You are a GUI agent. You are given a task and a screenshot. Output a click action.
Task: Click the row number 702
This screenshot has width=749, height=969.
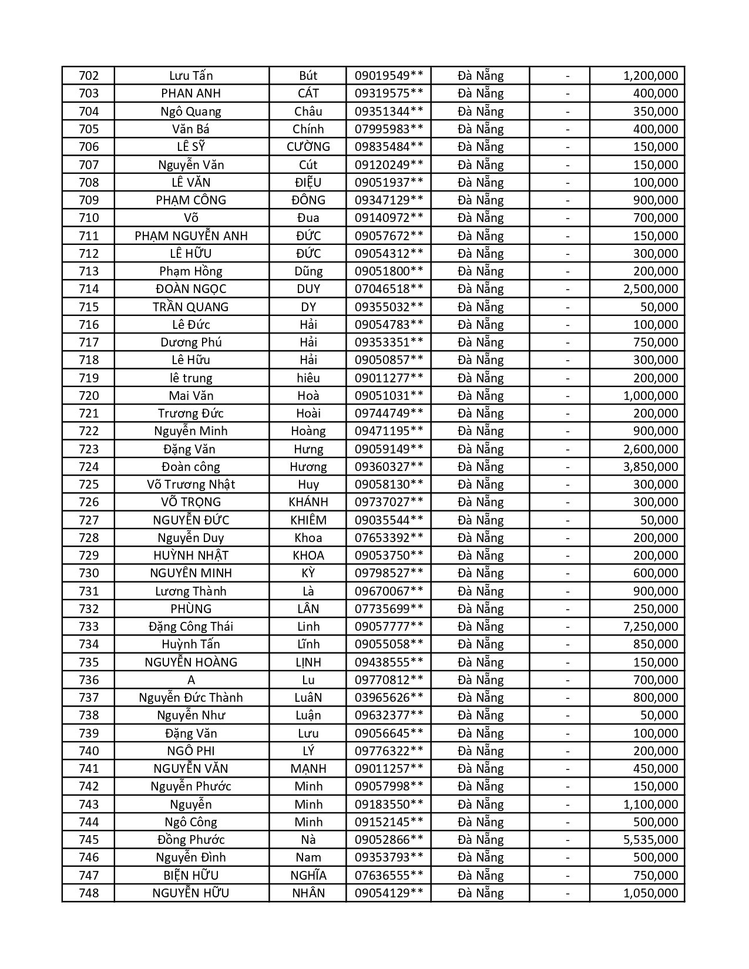pos(89,76)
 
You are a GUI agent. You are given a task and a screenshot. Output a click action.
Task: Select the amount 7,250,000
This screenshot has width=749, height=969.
pos(650,627)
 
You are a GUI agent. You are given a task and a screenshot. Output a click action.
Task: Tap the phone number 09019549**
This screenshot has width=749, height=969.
pos(389,76)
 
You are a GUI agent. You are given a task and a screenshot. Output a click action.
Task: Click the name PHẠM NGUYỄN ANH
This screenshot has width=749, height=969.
pos(191,236)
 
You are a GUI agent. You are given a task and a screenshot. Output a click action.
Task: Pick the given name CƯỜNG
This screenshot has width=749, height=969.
pos(308,147)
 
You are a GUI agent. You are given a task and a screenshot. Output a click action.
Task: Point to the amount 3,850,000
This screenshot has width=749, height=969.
pos(650,467)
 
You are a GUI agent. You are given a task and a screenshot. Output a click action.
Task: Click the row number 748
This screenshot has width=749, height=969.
pos(89,893)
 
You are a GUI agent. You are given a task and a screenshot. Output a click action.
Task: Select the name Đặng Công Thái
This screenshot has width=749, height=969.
pos(191,627)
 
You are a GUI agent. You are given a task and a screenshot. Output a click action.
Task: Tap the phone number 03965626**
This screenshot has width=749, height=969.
pos(389,698)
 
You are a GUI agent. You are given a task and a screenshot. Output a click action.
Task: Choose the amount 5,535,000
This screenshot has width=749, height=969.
pos(650,840)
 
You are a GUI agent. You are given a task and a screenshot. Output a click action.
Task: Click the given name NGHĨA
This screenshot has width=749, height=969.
pos(308,876)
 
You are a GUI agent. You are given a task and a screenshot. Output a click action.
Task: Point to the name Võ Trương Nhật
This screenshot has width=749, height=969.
pos(191,484)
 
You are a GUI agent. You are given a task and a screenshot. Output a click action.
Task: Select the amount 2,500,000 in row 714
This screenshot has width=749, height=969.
pos(650,289)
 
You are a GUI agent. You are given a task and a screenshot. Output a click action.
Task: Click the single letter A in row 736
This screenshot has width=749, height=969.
pos(191,680)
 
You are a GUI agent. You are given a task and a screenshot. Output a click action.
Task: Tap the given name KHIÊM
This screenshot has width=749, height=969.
pos(308,520)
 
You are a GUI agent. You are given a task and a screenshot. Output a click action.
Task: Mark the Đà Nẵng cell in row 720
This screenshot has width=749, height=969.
pos(481,396)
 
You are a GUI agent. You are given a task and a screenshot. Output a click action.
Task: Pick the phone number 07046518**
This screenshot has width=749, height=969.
pos(389,289)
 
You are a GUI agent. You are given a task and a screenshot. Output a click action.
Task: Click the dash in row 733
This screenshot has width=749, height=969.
pos(567,627)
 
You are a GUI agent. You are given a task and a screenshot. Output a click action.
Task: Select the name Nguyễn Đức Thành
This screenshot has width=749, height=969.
pos(191,698)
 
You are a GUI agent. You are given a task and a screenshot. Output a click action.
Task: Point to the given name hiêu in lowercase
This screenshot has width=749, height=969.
pos(308,378)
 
